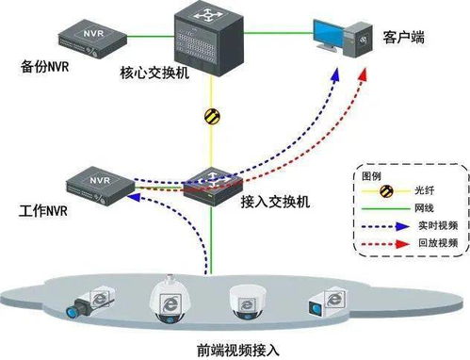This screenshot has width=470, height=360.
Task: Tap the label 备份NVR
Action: pyautogui.click(x=44, y=68)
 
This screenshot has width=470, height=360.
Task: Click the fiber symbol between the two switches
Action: pyautogui.click(x=213, y=118)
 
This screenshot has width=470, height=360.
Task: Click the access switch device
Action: pyautogui.click(x=213, y=183)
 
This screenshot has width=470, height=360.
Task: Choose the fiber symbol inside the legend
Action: pyautogui.click(x=385, y=192)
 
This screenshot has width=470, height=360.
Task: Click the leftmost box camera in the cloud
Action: pyautogui.click(x=90, y=302)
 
